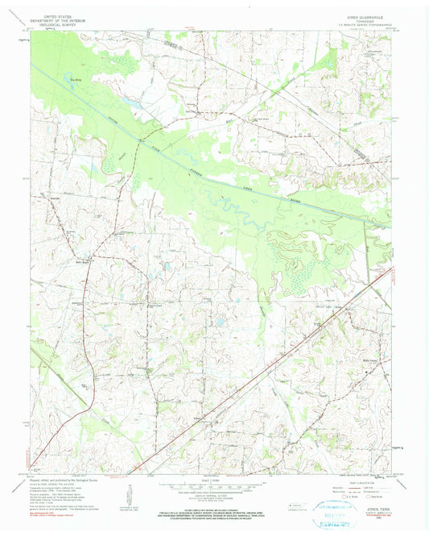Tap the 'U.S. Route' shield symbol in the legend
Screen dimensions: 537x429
(x=344, y=494)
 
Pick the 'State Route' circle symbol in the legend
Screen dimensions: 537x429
(x=371, y=494)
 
